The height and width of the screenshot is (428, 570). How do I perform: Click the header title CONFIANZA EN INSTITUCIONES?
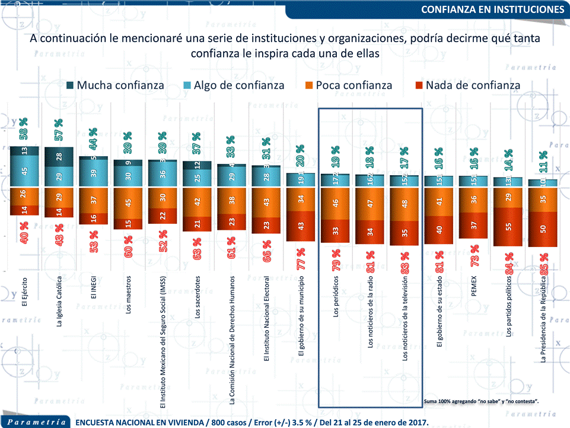[x=492, y=9]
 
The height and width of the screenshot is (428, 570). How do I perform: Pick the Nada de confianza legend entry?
[x=466, y=85]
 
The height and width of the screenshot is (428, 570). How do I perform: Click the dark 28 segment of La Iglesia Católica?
[x=59, y=156]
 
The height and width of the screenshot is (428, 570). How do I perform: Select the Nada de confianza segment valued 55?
[x=508, y=226]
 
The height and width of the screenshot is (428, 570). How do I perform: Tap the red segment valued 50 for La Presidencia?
[x=543, y=229]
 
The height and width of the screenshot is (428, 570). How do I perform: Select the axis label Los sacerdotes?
[x=198, y=297]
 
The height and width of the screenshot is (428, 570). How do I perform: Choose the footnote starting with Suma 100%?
[x=482, y=402]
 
